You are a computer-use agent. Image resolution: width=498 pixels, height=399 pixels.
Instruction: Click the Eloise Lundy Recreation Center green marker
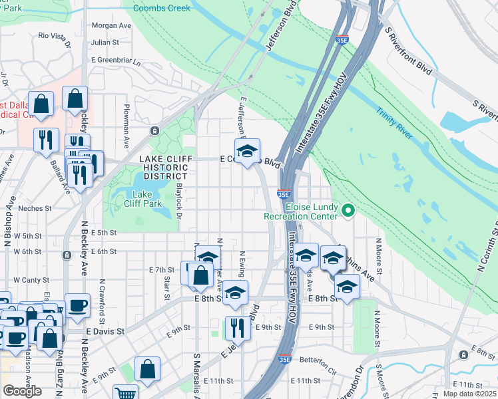pyautogui.click(x=347, y=211)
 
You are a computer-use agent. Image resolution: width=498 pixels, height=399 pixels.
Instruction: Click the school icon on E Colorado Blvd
pyautogui.click(x=248, y=151)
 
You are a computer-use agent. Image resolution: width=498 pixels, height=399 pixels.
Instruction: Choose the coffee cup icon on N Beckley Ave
pyautogui.click(x=77, y=305)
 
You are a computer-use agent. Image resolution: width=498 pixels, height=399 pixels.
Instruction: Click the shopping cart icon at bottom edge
pyautogui.click(x=124, y=393)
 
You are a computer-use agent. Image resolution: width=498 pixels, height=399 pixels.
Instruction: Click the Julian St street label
pyautogui.click(x=105, y=42)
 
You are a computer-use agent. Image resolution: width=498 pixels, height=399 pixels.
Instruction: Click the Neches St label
pyautogui.click(x=35, y=208)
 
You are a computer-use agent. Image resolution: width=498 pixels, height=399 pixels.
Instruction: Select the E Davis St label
pyautogui.click(x=105, y=331)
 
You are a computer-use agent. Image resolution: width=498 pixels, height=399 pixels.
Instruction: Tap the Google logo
pyautogui.click(x=22, y=391)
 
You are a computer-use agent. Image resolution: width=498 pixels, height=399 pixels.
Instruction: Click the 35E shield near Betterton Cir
pyautogui.click(x=284, y=359)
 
